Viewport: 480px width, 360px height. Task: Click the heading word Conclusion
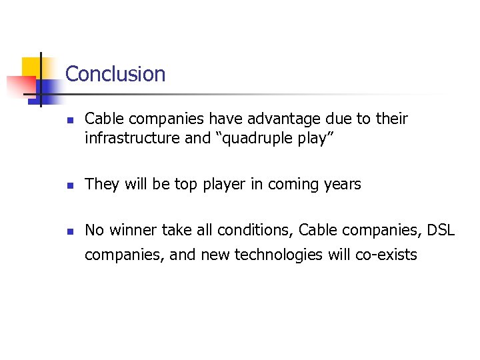tap(115, 73)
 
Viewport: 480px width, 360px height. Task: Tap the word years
tap(342, 185)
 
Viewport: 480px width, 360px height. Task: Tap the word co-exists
tap(385, 254)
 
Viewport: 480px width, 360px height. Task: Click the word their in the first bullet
tap(391, 119)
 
